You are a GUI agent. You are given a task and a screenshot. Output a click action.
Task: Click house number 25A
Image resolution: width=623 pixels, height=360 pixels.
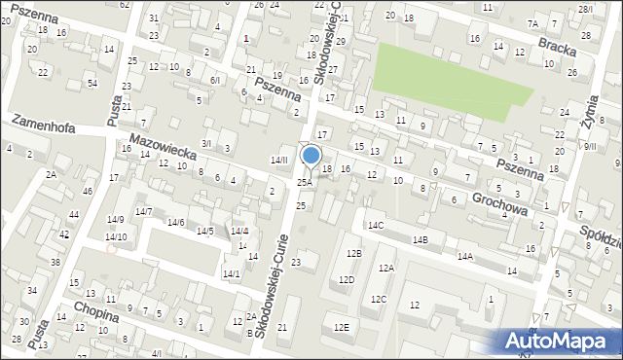305,182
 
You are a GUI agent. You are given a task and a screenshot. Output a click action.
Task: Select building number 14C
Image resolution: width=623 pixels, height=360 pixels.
376,225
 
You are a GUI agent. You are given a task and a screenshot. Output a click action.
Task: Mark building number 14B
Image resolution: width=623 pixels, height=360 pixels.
421,238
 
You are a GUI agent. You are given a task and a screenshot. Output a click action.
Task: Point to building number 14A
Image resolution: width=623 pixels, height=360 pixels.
465,256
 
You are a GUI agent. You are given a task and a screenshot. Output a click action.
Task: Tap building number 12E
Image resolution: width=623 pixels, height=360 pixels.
341,327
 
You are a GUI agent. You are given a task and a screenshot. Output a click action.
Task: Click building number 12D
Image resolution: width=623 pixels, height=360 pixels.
347,279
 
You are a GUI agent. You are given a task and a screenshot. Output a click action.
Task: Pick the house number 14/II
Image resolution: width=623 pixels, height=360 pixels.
279,160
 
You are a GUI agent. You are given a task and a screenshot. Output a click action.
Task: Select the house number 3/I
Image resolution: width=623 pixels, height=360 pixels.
205,143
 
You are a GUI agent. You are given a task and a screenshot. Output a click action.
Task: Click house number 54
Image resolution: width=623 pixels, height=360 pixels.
92,84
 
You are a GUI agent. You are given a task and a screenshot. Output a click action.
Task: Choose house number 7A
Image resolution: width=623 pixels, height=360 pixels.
532,23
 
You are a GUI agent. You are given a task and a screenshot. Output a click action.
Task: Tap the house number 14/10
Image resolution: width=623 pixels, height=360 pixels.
116,236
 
